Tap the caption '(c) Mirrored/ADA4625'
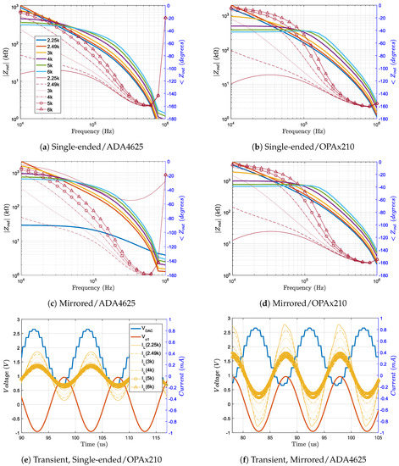[98, 298]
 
